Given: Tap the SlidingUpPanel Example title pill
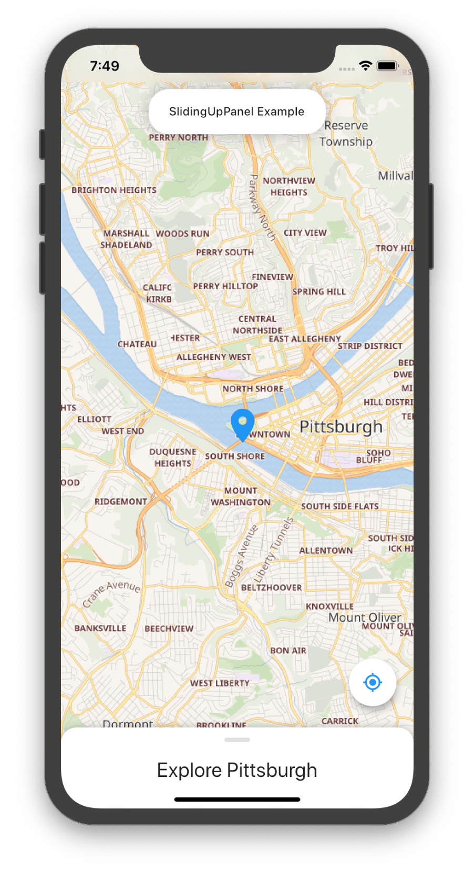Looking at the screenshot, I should [x=236, y=112].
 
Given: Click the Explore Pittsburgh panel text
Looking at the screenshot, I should [x=237, y=770].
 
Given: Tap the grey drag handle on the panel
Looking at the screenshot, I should [x=237, y=740].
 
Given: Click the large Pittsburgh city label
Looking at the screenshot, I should [x=341, y=427].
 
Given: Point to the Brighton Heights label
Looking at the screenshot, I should [x=114, y=190].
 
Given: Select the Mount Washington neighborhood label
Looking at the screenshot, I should [x=241, y=497].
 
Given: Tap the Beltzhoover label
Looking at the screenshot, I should [x=272, y=588].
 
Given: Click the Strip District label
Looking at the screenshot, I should [x=370, y=346].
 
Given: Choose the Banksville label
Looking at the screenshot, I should [x=100, y=628].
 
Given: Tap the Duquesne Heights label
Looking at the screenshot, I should [x=173, y=458].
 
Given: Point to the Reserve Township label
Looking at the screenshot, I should [x=346, y=134].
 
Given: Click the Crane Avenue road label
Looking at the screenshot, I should [x=112, y=593].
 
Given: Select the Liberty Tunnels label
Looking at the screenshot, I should [x=274, y=550].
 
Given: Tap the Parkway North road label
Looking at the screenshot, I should [x=262, y=207].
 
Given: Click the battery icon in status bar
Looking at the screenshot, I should [x=388, y=66].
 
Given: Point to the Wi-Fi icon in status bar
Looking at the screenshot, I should [x=365, y=66].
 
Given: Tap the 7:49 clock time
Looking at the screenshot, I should [x=105, y=66].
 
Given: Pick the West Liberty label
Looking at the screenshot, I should [x=220, y=683].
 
